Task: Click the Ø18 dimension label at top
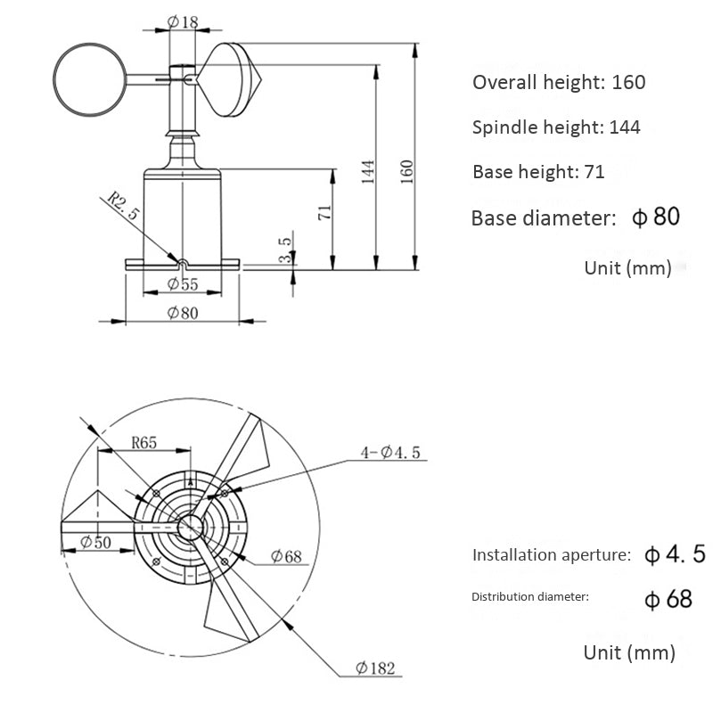point(183,22)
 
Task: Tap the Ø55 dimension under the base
point(183,285)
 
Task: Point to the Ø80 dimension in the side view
point(183,313)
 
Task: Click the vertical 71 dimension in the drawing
point(324,212)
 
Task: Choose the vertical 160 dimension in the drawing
point(407,170)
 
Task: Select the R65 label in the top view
point(145,441)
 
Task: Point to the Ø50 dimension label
point(95,541)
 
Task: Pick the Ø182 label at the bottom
point(374,668)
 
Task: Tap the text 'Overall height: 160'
point(559,83)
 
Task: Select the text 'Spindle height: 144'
point(556,127)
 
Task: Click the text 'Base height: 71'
point(538,172)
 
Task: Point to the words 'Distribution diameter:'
point(530,596)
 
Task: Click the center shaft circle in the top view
point(190,526)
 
